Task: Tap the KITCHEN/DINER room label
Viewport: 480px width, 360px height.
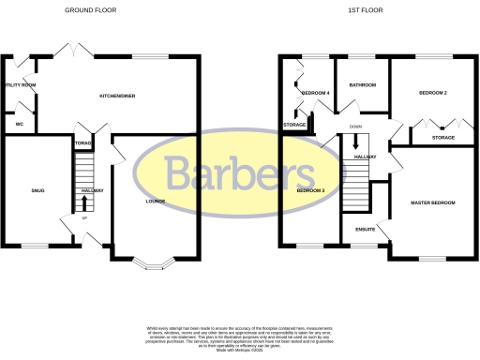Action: coord(121,96)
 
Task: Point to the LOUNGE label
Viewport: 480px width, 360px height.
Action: coord(156,201)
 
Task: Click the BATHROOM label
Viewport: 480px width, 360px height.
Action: coord(362,85)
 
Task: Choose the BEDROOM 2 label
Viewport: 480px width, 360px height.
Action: coord(432,93)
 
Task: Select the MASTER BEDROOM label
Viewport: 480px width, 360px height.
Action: coord(432,202)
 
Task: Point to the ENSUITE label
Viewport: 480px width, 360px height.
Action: coord(365,229)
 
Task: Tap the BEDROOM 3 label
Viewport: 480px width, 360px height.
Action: coord(310,190)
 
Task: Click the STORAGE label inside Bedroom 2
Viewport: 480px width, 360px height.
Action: coord(443,138)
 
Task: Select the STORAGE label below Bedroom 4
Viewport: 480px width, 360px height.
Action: coord(295,125)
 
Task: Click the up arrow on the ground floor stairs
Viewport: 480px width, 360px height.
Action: coord(85,201)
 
